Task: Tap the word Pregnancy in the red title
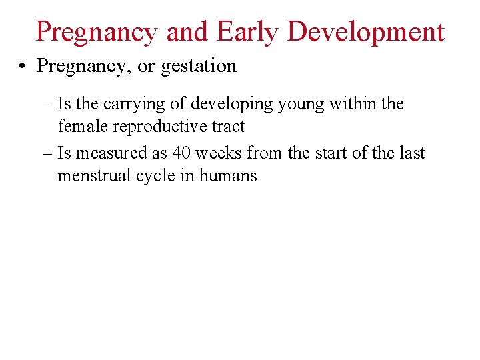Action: [96, 31]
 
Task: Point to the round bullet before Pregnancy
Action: [23, 67]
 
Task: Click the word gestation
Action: [204, 66]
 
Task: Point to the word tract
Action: [227, 126]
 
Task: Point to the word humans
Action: [231, 176]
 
